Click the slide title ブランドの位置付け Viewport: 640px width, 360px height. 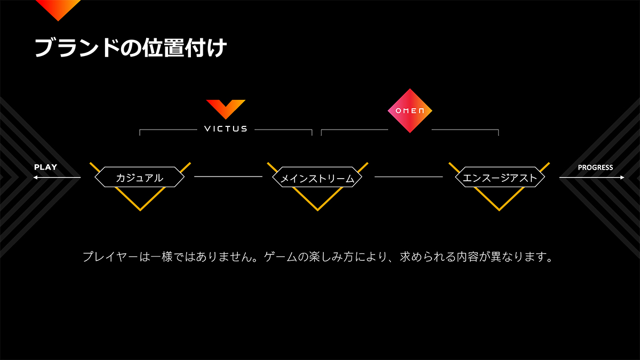pyautogui.click(x=131, y=48)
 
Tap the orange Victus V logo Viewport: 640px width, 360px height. pyautogui.click(x=226, y=108)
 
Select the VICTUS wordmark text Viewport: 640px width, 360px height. pyautogui.click(x=226, y=129)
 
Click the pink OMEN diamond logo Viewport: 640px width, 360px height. pyautogui.click(x=409, y=110)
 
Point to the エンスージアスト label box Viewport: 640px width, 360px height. pyautogui.click(x=499, y=178)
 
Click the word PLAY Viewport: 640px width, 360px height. pyautogui.click(x=45, y=167)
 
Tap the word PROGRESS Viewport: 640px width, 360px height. pyautogui.click(x=595, y=167)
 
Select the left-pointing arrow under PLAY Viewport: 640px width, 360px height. pyautogui.click(x=56, y=178)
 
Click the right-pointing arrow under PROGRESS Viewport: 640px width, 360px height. pyautogui.click(x=592, y=178)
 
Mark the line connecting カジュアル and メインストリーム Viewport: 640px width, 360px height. pyautogui.click(x=228, y=177)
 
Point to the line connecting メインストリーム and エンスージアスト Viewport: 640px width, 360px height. pyautogui.click(x=409, y=177)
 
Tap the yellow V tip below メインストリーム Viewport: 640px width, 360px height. pyautogui.click(x=317, y=209)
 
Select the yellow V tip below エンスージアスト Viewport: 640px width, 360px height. pyautogui.click(x=499, y=209)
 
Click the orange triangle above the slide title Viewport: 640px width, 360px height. pyautogui.click(x=58, y=9)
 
